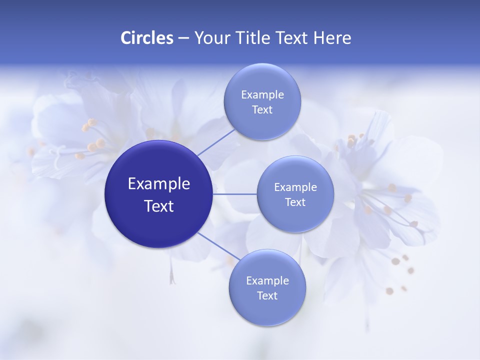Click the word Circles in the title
point(146,38)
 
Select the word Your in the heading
point(210,38)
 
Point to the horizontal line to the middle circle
point(234,193)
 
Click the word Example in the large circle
point(159,184)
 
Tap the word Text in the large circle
point(159,206)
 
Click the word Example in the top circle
point(262,95)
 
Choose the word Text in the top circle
point(262,110)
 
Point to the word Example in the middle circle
point(295,187)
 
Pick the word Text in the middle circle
point(295,202)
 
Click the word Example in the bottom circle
point(267,281)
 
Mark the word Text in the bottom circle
point(267,296)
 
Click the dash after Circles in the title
point(183,38)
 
